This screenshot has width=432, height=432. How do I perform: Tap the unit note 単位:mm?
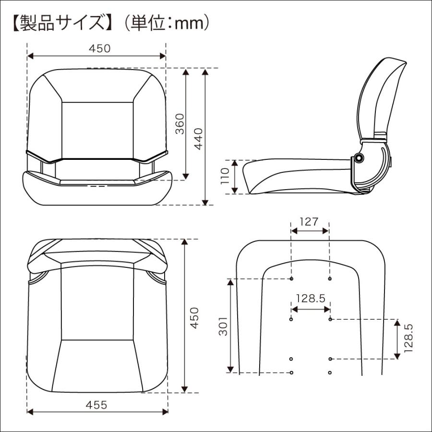click(166, 23)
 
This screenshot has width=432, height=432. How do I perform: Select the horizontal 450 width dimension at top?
click(100, 48)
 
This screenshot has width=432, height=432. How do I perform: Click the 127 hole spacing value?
click(310, 221)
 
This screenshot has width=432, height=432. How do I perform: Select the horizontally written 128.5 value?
click(311, 298)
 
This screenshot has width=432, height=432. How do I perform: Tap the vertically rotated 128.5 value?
click(409, 338)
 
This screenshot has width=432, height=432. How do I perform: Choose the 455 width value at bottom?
click(97, 405)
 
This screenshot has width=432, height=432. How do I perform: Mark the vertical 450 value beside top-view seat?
click(193, 318)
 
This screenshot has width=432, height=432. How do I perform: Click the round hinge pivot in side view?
click(359, 158)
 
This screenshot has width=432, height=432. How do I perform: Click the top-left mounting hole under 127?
click(291, 278)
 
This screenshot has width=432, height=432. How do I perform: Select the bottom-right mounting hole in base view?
click(330, 372)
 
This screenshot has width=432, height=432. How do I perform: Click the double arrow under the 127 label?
click(310, 231)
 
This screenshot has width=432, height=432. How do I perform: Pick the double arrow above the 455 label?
click(97, 412)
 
